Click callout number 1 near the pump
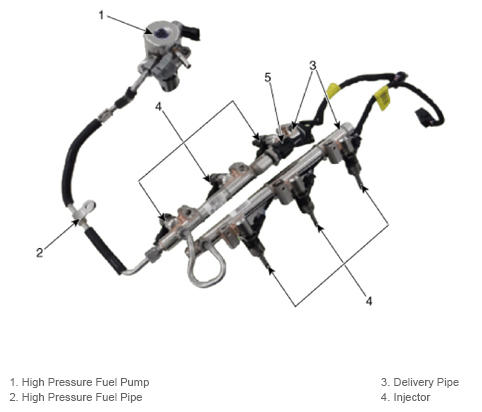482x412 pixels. pyautogui.click(x=101, y=15)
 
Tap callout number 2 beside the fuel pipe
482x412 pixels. pyautogui.click(x=40, y=252)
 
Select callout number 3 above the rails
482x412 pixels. pyautogui.click(x=313, y=66)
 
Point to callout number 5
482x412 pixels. pyautogui.click(x=268, y=78)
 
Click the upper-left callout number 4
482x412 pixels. pyautogui.click(x=158, y=107)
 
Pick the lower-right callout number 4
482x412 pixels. pyautogui.click(x=369, y=301)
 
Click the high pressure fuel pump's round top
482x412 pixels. pyautogui.click(x=159, y=32)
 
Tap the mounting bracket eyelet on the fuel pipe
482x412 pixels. pyautogui.click(x=88, y=207)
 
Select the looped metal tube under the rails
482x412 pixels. pyautogui.click(x=204, y=263)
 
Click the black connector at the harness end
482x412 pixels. pyautogui.click(x=424, y=118)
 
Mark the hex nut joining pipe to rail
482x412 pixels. pyautogui.click(x=153, y=255)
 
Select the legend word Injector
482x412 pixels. pyautogui.click(x=412, y=397)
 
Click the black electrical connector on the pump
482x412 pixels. pyautogui.click(x=193, y=32)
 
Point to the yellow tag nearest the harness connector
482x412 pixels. pyautogui.click(x=383, y=95)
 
